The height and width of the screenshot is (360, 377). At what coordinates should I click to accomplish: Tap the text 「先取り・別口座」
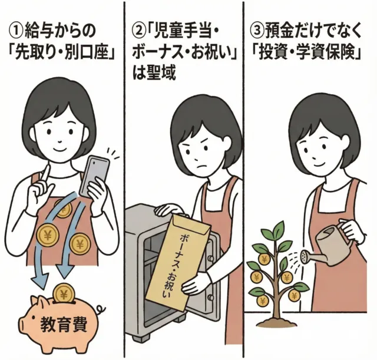[x=62, y=54]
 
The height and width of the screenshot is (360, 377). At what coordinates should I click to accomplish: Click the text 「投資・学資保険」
[x=309, y=54]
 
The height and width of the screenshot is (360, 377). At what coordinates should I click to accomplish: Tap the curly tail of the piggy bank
[x=101, y=308]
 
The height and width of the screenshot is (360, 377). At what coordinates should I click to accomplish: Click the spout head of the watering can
[x=305, y=256]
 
